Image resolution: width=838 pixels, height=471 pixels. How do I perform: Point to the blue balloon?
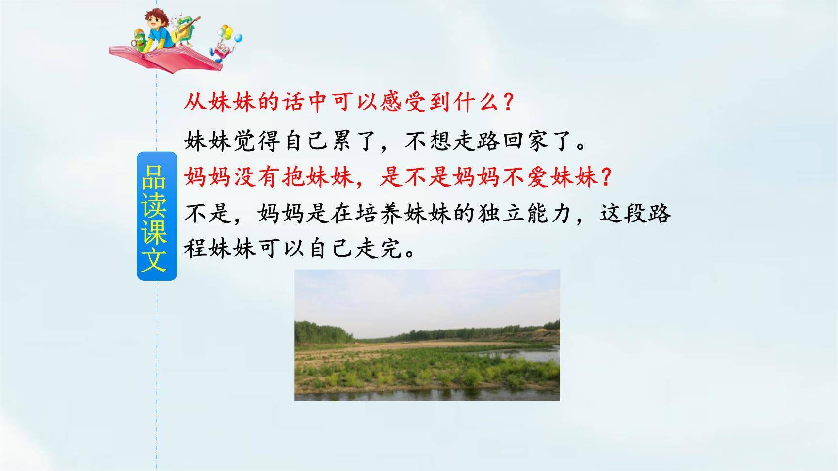tap(238, 37)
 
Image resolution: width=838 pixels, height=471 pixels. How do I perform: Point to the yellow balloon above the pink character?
tap(225, 31)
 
